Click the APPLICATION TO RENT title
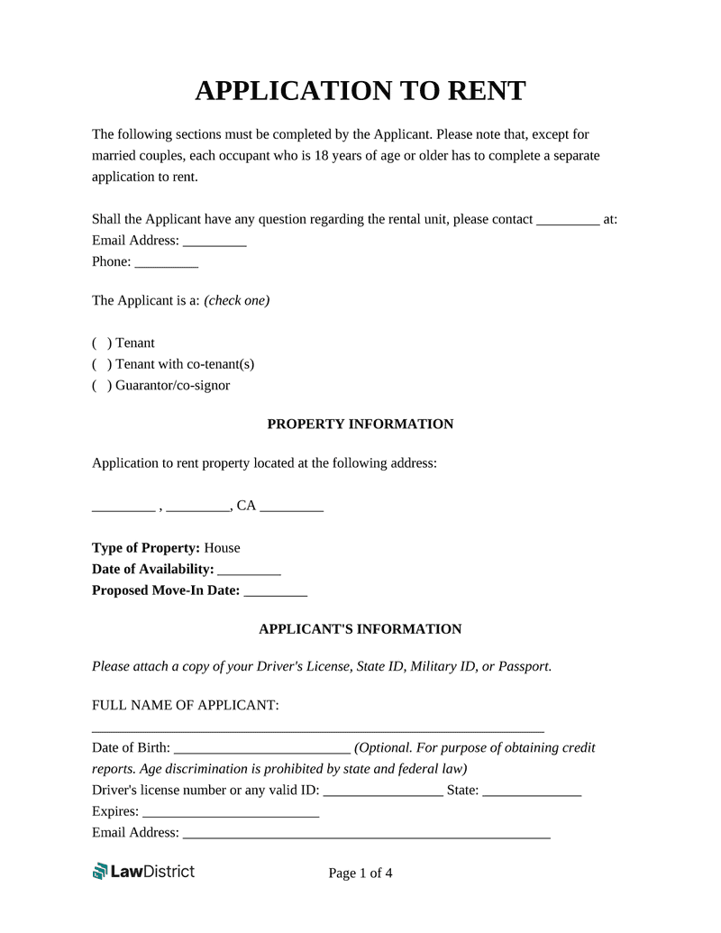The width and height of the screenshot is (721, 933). [360, 90]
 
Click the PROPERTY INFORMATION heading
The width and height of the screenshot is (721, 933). [360, 425]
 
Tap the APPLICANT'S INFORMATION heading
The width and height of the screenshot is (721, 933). [360, 629]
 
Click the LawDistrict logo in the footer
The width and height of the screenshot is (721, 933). [143, 871]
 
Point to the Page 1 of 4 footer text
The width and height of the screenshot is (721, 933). [360, 873]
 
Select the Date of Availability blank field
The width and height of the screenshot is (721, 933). [250, 571]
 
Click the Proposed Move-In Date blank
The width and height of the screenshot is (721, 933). [276, 592]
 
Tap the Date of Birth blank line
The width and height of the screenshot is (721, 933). [261, 749]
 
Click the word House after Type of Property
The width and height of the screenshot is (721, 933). [223, 548]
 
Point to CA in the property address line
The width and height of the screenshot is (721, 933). [246, 507]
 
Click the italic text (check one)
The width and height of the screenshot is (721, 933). [237, 301]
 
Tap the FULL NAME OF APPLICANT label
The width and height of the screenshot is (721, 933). [186, 705]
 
